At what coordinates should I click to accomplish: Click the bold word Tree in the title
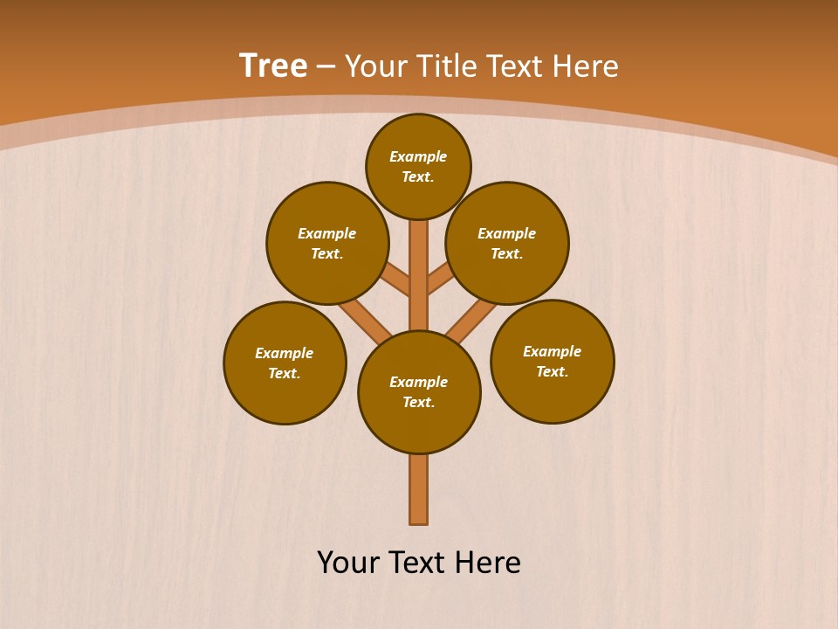pos(273,66)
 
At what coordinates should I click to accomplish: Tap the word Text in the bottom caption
pos(416,563)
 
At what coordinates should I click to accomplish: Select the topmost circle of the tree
pos(418,166)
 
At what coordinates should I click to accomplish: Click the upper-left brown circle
pos(327,243)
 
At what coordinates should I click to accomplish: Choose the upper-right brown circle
pos(507,243)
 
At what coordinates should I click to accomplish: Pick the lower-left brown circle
pos(285,363)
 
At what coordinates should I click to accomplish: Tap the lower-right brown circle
pos(553,361)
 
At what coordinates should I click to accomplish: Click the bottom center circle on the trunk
pos(419,392)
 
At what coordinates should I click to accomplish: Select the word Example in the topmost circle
pos(418,156)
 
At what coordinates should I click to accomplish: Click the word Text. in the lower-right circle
pos(553,371)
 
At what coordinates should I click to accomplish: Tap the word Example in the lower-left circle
pos(285,353)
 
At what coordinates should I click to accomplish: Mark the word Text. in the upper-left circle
pos(327,253)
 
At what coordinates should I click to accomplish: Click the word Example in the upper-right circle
pos(507,233)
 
